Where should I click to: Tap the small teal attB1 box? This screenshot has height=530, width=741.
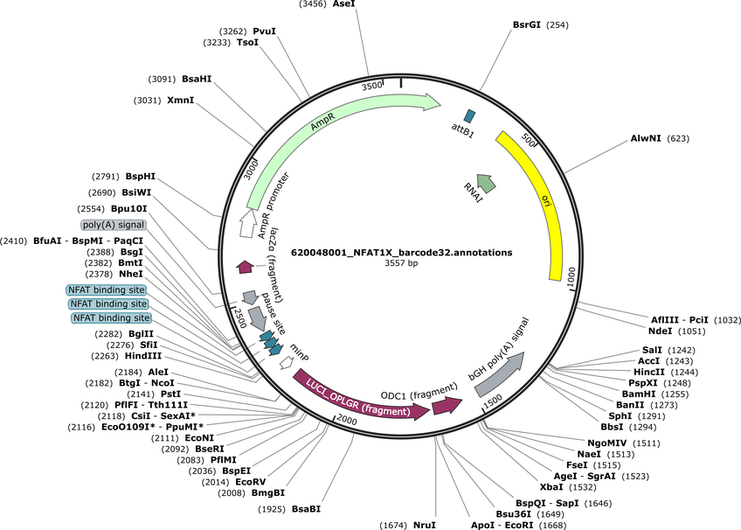click(x=469, y=115)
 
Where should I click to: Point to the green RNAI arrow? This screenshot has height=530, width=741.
click(x=486, y=183)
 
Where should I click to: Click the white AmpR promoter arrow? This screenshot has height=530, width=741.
click(x=246, y=223)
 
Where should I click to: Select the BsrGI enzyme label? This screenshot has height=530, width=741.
click(x=526, y=24)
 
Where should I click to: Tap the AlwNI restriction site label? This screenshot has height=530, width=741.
click(x=646, y=138)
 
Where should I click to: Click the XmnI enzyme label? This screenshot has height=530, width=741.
click(x=181, y=101)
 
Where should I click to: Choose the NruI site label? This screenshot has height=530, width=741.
click(x=425, y=525)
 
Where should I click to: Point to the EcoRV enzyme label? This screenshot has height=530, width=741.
click(x=251, y=482)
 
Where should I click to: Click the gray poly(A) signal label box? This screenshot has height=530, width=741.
click(x=114, y=225)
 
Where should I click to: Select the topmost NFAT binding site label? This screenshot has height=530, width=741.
click(x=107, y=289)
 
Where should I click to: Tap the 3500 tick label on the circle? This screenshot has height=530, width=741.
click(x=372, y=86)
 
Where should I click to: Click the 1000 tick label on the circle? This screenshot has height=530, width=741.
click(x=571, y=276)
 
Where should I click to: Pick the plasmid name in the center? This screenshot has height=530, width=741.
click(x=401, y=253)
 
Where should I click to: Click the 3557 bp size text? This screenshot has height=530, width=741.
click(x=401, y=263)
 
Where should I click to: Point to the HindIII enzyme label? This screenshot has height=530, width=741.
click(x=143, y=356)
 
